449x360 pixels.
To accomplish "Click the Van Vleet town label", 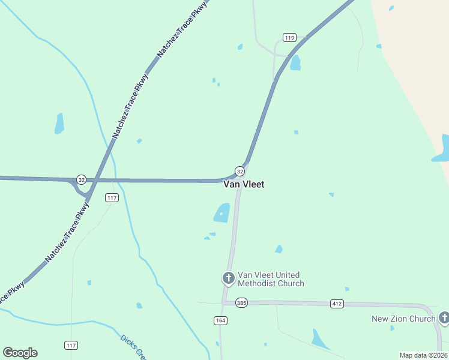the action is (x=244, y=184).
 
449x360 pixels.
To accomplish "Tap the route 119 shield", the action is (x=290, y=38).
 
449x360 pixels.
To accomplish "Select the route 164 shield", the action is (x=220, y=320).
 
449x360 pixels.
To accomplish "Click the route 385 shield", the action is (x=241, y=303).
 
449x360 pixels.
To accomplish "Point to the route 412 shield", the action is (x=337, y=304).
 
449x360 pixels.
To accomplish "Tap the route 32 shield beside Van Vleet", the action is (x=240, y=171).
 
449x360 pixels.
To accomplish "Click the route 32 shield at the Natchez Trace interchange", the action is (x=81, y=179).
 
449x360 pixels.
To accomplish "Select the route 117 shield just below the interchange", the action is (x=111, y=197).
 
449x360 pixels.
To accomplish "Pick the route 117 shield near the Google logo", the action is (x=71, y=345).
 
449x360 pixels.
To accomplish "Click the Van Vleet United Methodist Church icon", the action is (x=228, y=278).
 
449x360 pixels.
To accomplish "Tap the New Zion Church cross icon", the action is (x=444, y=318).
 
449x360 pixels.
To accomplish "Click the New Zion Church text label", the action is (x=403, y=319).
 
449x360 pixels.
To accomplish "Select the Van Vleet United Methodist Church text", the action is (x=271, y=279).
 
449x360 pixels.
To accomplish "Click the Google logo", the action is (x=20, y=352).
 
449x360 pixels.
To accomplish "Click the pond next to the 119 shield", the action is (x=295, y=63).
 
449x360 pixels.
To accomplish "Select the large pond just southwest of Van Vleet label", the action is (x=221, y=213).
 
